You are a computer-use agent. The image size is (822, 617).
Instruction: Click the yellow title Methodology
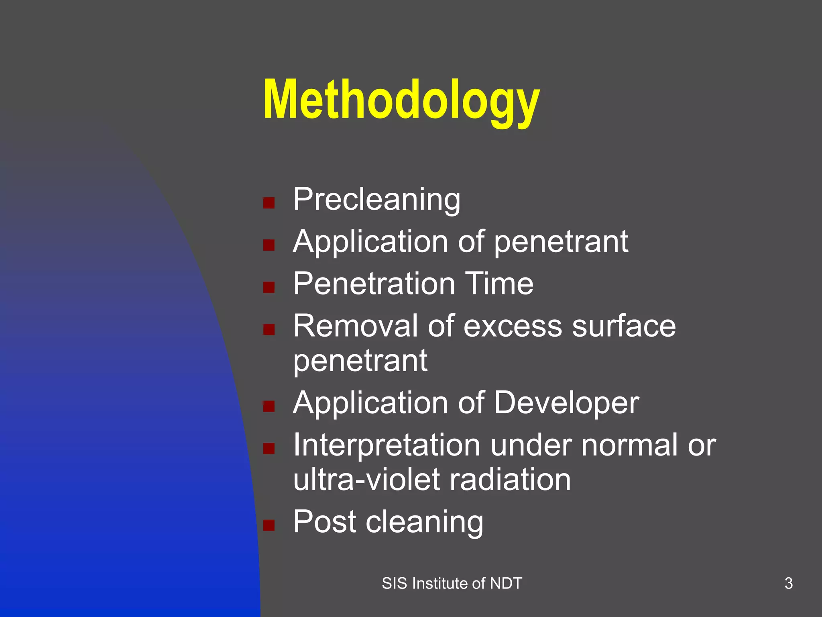click(x=401, y=100)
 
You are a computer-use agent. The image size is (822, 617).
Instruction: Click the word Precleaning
click(x=376, y=199)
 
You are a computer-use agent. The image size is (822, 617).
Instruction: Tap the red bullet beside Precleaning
click(x=269, y=203)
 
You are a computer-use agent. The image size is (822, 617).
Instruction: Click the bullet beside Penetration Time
click(x=269, y=287)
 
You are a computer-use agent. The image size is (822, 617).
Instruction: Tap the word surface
click(x=624, y=326)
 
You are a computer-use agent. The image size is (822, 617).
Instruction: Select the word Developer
click(x=566, y=403)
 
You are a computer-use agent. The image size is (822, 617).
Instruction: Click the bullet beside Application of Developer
click(x=269, y=407)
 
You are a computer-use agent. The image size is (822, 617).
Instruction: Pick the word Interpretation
click(x=387, y=445)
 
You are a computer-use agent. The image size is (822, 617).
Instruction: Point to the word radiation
click(x=510, y=480)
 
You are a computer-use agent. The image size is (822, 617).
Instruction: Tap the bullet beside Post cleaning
click(x=269, y=525)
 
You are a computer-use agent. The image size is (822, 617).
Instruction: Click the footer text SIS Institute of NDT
click(x=452, y=583)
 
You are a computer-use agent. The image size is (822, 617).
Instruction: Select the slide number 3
click(x=788, y=583)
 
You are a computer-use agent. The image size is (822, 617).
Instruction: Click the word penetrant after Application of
click(x=561, y=242)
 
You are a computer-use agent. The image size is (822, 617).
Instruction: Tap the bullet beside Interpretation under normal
click(x=269, y=448)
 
